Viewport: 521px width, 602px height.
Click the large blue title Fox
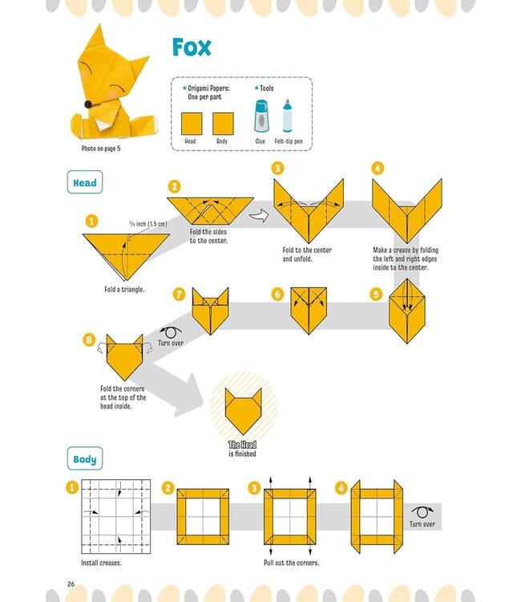(x=192, y=47)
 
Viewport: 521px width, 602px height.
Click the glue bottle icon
(x=260, y=117)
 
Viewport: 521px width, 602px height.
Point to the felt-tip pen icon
(x=287, y=117)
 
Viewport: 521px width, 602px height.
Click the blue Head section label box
(x=84, y=183)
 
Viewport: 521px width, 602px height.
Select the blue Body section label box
(x=84, y=460)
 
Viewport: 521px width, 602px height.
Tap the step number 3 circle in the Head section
(x=277, y=169)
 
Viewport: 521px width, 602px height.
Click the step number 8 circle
(x=89, y=340)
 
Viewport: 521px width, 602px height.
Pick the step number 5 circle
(x=376, y=295)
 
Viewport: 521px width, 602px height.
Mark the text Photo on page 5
(x=104, y=148)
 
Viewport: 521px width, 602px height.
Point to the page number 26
(x=71, y=582)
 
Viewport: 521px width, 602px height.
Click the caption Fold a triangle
(x=124, y=289)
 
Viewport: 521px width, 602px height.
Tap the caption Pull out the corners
(x=292, y=563)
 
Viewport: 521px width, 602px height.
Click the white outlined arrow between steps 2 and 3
(x=258, y=214)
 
